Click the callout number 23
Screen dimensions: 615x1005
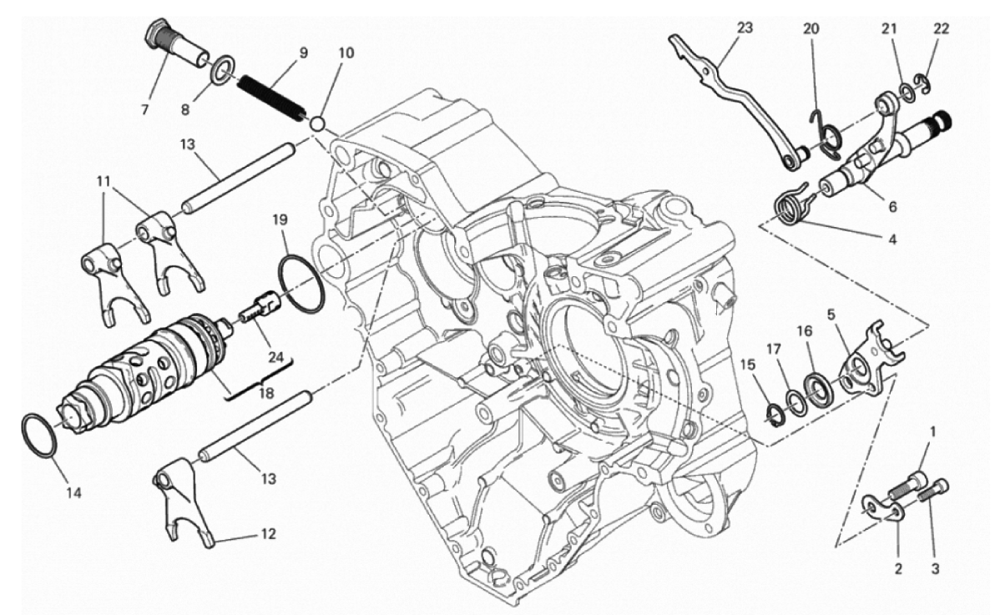click(x=745, y=28)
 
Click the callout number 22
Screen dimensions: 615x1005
click(x=942, y=28)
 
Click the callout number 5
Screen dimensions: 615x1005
click(x=831, y=316)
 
